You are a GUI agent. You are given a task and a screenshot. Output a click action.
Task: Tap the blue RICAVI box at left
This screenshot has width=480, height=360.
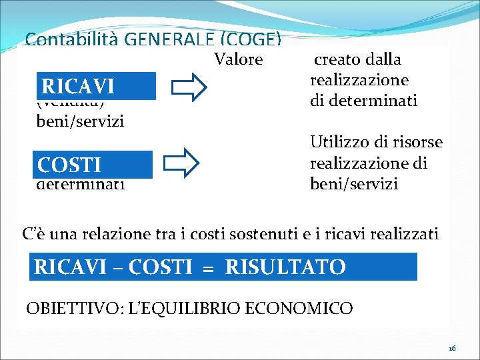click(96, 86)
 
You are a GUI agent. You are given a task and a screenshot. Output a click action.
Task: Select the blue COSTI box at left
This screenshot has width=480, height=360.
click(94, 164)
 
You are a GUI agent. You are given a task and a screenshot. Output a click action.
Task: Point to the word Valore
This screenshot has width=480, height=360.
click(239, 60)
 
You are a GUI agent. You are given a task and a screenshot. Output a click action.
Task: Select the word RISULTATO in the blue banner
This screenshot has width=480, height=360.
click(286, 267)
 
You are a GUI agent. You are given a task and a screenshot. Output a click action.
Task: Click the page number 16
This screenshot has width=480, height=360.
click(452, 348)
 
